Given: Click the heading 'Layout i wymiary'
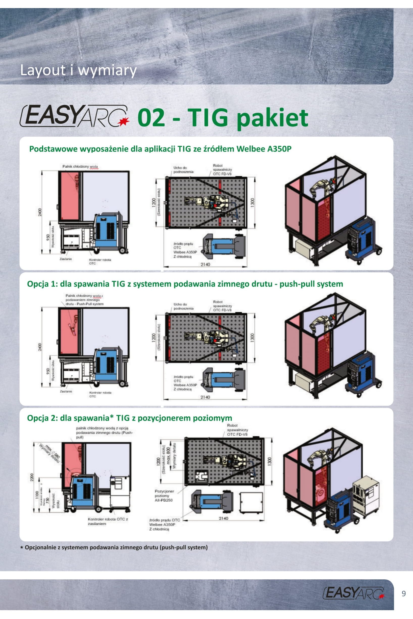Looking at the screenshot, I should pyautogui.click(x=78, y=70).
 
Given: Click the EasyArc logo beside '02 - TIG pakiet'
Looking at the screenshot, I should pyautogui.click(x=75, y=116).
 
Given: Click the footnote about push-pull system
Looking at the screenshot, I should pyautogui.click(x=114, y=547).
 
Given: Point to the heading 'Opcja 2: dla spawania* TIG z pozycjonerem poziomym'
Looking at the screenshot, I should pyautogui.click(x=129, y=418).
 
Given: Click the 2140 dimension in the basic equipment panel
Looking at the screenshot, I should pyautogui.click(x=205, y=264).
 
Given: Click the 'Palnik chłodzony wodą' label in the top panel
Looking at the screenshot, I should pyautogui.click(x=80, y=167).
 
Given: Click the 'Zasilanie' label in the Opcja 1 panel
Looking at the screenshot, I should pyautogui.click(x=66, y=391).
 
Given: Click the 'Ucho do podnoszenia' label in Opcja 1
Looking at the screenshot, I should pyautogui.click(x=183, y=306).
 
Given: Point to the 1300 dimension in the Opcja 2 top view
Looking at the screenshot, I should pyautogui.click(x=269, y=460).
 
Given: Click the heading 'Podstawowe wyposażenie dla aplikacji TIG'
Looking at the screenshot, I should pyautogui.click(x=160, y=149).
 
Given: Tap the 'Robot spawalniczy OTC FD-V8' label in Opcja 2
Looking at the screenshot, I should pyautogui.click(x=237, y=430).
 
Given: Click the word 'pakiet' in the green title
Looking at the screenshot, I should pyautogui.click(x=272, y=118).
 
